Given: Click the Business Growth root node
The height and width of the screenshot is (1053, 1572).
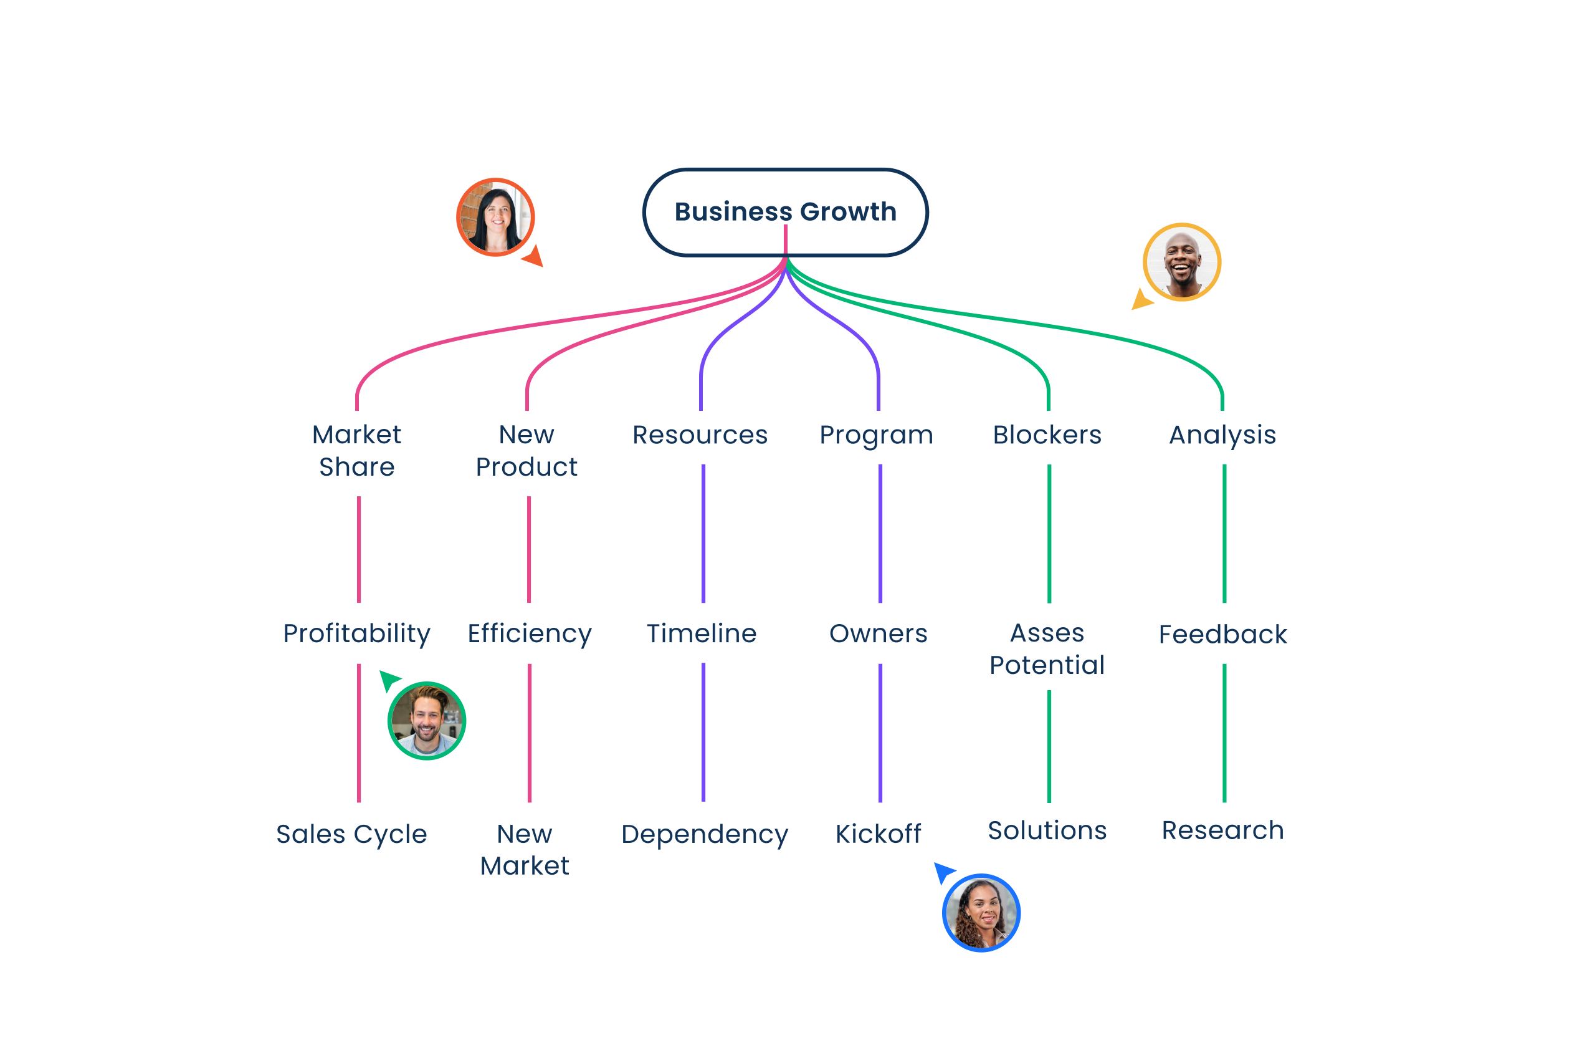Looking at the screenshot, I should (x=785, y=211).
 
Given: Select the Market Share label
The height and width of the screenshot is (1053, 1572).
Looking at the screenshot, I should (x=356, y=451).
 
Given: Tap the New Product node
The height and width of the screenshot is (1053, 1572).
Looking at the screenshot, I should (x=527, y=451).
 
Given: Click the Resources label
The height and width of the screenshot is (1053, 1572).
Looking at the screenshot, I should (x=700, y=435).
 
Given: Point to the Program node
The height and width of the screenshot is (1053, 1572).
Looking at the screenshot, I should (x=877, y=435).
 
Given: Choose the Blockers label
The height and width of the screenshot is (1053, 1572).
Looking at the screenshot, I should (x=1047, y=435).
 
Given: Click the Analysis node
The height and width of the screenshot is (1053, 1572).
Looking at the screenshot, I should (x=1222, y=435).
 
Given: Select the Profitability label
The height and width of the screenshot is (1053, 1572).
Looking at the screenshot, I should (x=356, y=633).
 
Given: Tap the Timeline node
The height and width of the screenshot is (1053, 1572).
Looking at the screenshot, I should (x=702, y=633).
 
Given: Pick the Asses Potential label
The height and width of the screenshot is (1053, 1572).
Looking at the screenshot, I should (x=1047, y=649).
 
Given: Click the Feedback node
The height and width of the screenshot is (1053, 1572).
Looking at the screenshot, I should (x=1222, y=634).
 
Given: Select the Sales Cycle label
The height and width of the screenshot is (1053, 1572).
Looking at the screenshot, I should (x=351, y=834).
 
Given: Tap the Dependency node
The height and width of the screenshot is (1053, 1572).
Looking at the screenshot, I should (x=705, y=834).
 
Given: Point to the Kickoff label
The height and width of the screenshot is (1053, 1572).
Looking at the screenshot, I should (x=878, y=834).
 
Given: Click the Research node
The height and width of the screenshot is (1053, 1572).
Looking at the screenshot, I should (x=1222, y=830).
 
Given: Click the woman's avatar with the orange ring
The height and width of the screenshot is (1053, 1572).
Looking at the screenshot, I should (x=495, y=217).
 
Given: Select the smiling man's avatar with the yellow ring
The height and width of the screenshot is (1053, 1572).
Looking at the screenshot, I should (x=1182, y=262).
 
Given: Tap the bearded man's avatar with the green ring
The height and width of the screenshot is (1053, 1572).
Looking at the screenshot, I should (x=427, y=721).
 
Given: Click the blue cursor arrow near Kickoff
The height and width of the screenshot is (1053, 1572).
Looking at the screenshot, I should (x=944, y=872).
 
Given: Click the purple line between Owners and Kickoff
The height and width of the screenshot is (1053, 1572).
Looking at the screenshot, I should (x=880, y=732).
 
